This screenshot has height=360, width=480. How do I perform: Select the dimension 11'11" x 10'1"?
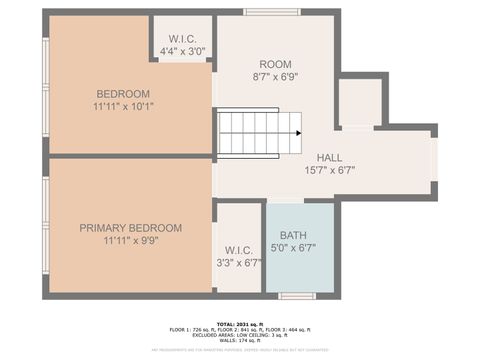point(123,107)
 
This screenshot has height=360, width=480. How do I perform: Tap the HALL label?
point(329,158)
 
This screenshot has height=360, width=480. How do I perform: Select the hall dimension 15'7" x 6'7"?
point(329,170)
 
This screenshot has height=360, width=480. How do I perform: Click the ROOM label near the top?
point(275,63)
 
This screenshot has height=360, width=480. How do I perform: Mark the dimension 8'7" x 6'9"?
point(275,76)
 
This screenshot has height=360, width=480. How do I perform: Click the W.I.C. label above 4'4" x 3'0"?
point(181,39)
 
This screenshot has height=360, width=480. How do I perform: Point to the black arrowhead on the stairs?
point(298,133)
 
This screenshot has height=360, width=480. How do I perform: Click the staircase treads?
point(255,133)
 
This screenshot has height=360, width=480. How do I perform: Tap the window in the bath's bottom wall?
point(297,295)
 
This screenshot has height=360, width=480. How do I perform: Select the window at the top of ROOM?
point(272,12)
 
